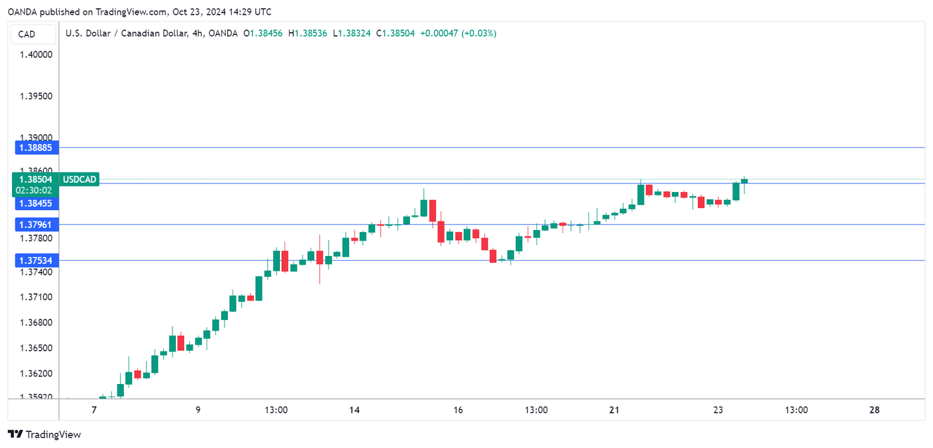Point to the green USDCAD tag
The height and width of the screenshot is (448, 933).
79,179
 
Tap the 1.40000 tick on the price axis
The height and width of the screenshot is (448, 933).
36,54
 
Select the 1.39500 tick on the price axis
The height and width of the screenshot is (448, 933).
36,96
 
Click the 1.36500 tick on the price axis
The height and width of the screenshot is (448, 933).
36,348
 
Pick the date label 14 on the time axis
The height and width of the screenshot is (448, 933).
354,410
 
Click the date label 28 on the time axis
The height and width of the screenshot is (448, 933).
874,410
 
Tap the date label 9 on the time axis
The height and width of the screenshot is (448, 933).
198,410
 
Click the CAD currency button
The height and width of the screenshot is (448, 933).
27,34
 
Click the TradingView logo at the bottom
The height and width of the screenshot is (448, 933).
44,435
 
